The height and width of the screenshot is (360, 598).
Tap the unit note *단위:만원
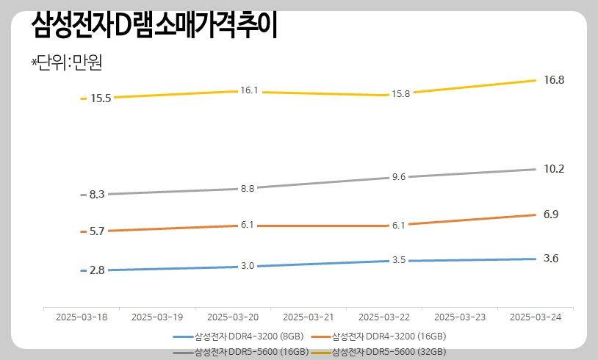tap(65, 62)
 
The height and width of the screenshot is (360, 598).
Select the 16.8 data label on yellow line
tap(553, 79)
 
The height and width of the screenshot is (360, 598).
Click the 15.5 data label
tap(101, 98)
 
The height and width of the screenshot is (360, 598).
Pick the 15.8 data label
tap(401, 94)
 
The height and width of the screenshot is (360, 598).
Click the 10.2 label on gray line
tap(553, 169)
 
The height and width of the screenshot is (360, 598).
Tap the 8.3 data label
tap(98, 195)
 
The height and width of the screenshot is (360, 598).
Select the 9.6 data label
tap(399, 177)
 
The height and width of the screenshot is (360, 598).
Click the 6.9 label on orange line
tap(551, 215)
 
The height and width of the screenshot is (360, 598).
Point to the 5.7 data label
tap(98, 231)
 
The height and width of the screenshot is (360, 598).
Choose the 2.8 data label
tap(98, 270)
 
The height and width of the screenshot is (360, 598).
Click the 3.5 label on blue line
tap(399, 260)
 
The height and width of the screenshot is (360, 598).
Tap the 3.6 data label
tap(551, 259)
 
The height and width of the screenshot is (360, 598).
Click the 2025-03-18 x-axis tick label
tap(82, 317)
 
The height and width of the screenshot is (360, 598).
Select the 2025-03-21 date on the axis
tap(308, 317)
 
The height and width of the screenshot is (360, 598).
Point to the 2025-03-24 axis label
tap(536, 317)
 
